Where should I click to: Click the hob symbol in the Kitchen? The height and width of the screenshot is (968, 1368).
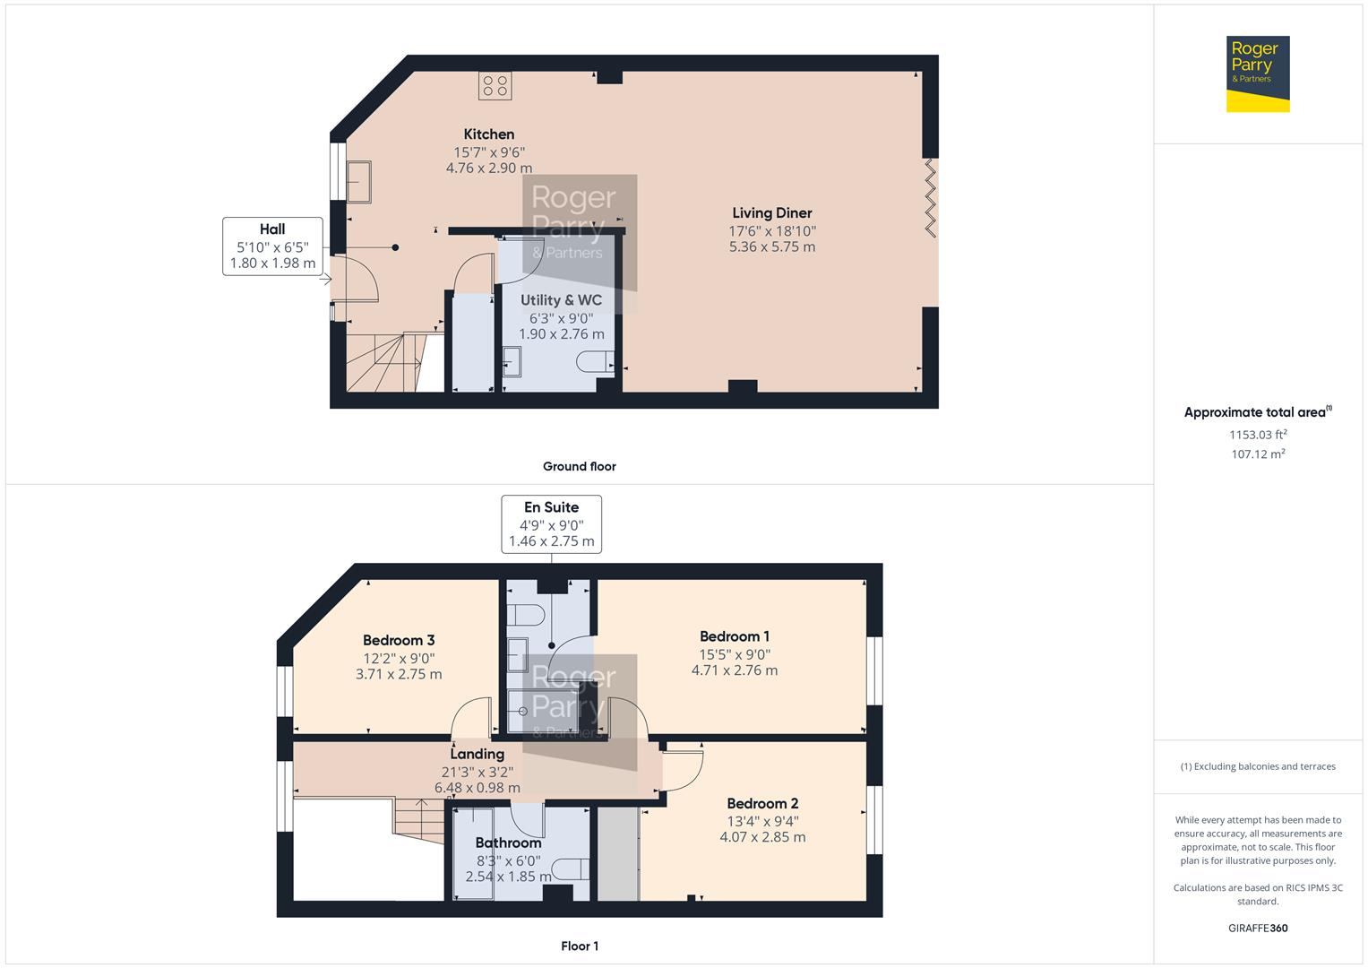coord(495,86)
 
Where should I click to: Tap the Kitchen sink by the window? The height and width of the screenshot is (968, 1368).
coord(360,181)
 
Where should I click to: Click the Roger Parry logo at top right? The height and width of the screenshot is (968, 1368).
coord(1257,73)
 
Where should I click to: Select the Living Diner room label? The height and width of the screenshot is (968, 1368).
coord(771,213)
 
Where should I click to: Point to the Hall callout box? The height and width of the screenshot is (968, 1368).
coord(272,246)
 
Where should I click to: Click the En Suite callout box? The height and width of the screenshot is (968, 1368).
coord(551,523)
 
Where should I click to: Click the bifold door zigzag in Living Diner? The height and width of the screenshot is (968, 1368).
coord(930,197)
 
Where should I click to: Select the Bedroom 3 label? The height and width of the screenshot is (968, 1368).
coord(399,640)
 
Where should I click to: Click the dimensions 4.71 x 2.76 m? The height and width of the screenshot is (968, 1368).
coord(734,670)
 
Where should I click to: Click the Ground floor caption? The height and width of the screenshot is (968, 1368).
coord(579,466)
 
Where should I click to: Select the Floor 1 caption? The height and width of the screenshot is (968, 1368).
coord(579,946)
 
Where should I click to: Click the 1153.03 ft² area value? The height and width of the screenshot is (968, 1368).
coord(1257,435)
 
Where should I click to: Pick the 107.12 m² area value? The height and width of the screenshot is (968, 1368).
coord(1257,454)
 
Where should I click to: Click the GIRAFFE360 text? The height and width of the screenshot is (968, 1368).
coord(1257,928)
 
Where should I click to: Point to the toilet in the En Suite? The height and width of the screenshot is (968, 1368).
coord(527,615)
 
